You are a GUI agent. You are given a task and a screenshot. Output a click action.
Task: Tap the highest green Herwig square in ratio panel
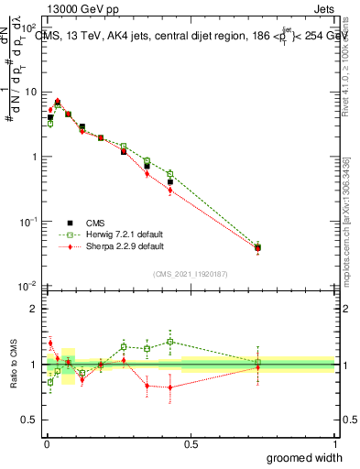pos(170,342)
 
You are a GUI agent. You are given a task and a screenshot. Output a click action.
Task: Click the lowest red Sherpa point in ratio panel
pos(170,387)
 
